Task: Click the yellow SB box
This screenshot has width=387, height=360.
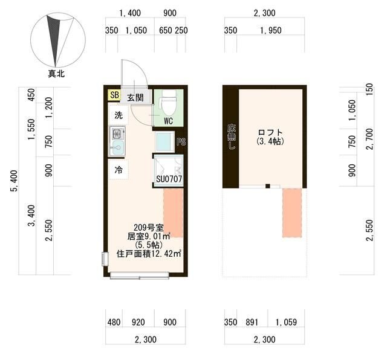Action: (114, 95)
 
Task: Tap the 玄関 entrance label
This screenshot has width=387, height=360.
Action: (135, 98)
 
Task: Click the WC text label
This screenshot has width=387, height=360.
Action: (168, 121)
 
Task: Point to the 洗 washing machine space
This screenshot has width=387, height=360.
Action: (119, 115)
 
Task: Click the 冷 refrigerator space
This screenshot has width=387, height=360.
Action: (119, 169)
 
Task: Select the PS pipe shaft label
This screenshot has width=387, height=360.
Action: (181, 142)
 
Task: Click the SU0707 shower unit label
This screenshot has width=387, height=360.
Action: (169, 179)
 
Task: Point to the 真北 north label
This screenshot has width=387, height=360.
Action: (56, 74)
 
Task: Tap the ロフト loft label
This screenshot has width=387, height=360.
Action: (270, 132)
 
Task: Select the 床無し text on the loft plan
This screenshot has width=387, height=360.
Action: (232, 137)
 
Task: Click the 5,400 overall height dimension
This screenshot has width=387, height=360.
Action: (15, 181)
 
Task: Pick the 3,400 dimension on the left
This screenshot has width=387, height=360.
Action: (32, 215)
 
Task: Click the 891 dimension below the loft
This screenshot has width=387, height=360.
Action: (252, 322)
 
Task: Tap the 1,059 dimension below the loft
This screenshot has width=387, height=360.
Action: (286, 322)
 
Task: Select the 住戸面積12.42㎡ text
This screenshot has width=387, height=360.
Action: (149, 254)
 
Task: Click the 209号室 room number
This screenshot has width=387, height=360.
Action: (148, 227)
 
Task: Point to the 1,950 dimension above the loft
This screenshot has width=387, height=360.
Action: (271, 30)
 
